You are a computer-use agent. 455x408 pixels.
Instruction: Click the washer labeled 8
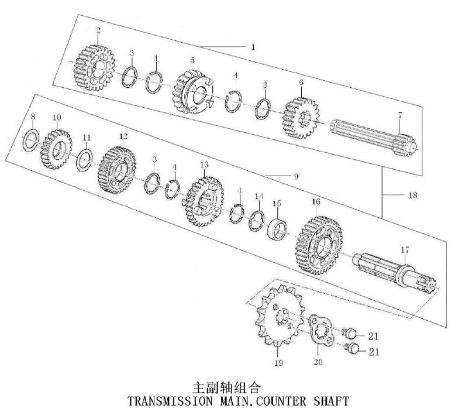point(33,139)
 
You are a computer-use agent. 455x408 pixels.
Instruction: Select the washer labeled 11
point(85,159)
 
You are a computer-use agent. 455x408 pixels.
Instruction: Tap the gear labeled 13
point(204,202)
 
